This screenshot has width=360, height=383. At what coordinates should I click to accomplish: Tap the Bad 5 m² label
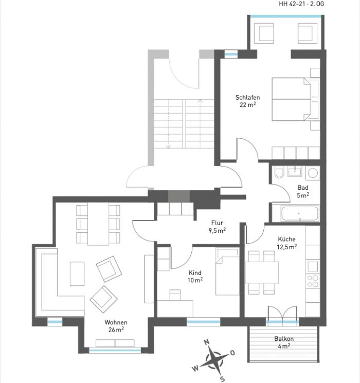pyautogui.click(x=303, y=191)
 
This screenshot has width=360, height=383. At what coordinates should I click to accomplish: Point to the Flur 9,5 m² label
pyautogui.click(x=217, y=226)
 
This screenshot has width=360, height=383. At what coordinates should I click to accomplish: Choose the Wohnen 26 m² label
pyautogui.click(x=116, y=326)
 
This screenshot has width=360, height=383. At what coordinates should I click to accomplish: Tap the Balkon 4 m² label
pyautogui.click(x=284, y=342)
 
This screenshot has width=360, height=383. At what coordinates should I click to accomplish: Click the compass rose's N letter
pyautogui.click(x=207, y=342)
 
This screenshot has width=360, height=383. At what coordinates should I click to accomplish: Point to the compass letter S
pyautogui.click(x=222, y=379)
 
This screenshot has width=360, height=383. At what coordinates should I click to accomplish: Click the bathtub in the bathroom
pyautogui.click(x=300, y=213)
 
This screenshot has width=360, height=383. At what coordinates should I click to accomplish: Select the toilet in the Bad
pyautogui.click(x=279, y=172)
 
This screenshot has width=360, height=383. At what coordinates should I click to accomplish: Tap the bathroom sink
pyautogui.click(x=295, y=171)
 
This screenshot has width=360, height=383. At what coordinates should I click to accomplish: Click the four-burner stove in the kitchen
pyautogui.click(x=313, y=281)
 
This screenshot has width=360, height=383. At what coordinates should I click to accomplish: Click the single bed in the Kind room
pyautogui.click(x=227, y=271)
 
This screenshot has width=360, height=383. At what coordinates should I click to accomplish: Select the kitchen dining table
pyautogui.click(x=262, y=272)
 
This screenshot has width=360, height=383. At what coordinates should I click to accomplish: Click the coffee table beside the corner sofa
pyautogui.click(x=77, y=273)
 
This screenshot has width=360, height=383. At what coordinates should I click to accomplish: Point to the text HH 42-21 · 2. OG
pyautogui.click(x=301, y=4)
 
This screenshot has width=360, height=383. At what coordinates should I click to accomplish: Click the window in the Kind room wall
pyautogui.click(x=204, y=322)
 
